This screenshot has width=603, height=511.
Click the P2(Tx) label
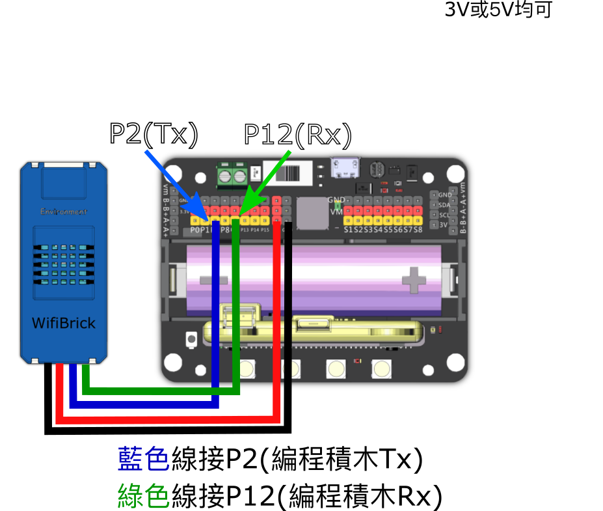[154, 133]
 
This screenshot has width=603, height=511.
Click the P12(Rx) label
[297, 135]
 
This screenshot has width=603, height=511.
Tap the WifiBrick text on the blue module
[64, 324]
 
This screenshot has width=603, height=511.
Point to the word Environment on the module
[64, 212]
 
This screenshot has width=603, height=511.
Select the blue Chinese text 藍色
[144, 460]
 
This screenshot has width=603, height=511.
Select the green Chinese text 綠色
[144, 496]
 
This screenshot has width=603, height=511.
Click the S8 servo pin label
[418, 229]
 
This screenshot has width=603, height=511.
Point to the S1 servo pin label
[349, 229]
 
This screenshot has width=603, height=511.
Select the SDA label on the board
[444, 205]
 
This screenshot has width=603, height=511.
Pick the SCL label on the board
[444, 215]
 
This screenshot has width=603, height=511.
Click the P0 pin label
[194, 230]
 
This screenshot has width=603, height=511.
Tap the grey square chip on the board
[312, 213]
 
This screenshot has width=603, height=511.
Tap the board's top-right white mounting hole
[455, 173]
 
